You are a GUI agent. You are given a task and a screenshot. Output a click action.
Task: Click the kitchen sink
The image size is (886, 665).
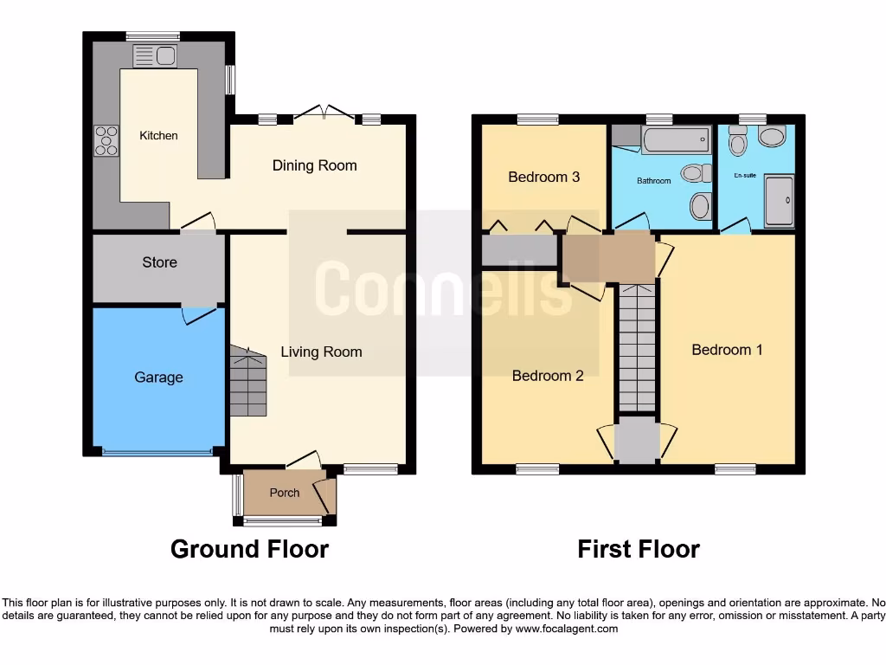click(x=154, y=57)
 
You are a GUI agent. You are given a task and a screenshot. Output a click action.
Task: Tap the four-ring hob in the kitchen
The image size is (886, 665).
click(x=106, y=140)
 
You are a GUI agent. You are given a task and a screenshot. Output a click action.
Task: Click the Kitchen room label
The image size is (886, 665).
click(x=158, y=135)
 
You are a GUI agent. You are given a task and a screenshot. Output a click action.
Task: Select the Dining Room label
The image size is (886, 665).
click(x=314, y=165)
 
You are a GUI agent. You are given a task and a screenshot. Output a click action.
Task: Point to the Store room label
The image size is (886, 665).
click(x=159, y=262)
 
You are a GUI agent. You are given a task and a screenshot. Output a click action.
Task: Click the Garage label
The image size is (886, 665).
click(x=158, y=378)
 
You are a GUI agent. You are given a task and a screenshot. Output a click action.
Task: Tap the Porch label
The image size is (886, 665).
click(x=284, y=493)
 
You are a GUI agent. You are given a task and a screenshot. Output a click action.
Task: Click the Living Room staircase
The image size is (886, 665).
click(x=247, y=382)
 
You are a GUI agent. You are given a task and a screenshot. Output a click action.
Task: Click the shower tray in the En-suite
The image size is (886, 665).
click(x=779, y=200)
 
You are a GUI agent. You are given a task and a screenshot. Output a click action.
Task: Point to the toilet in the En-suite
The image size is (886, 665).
click(x=737, y=140)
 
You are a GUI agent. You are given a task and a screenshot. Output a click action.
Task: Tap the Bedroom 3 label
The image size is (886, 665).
click(x=543, y=178)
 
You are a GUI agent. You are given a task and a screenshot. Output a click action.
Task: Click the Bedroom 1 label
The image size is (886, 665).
click(x=727, y=350)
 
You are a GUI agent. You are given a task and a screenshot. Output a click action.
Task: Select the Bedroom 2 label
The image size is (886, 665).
click(x=547, y=376)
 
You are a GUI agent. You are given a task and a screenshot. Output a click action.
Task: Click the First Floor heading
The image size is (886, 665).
click(x=638, y=549)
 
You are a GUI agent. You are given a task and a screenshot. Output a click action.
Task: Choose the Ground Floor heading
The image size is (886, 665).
click(x=249, y=549)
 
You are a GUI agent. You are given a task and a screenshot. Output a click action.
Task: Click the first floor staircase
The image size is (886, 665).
click(x=637, y=347)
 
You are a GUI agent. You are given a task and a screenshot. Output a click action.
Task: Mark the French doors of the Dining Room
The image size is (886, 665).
click(x=324, y=113)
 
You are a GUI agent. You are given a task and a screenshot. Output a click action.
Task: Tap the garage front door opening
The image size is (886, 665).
click(x=157, y=452)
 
